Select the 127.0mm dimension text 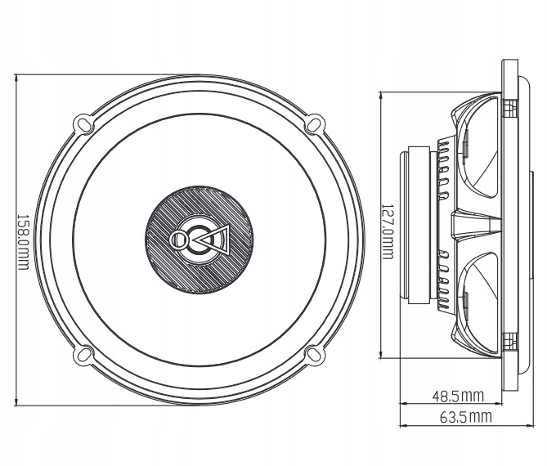(x=387, y=231)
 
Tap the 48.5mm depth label (x=458, y=397)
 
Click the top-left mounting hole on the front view (x=83, y=123)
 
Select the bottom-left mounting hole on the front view (x=83, y=356)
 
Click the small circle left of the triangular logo (x=179, y=240)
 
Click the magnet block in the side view (x=415, y=221)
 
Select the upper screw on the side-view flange (x=509, y=107)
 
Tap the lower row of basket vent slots (x=443, y=278)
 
